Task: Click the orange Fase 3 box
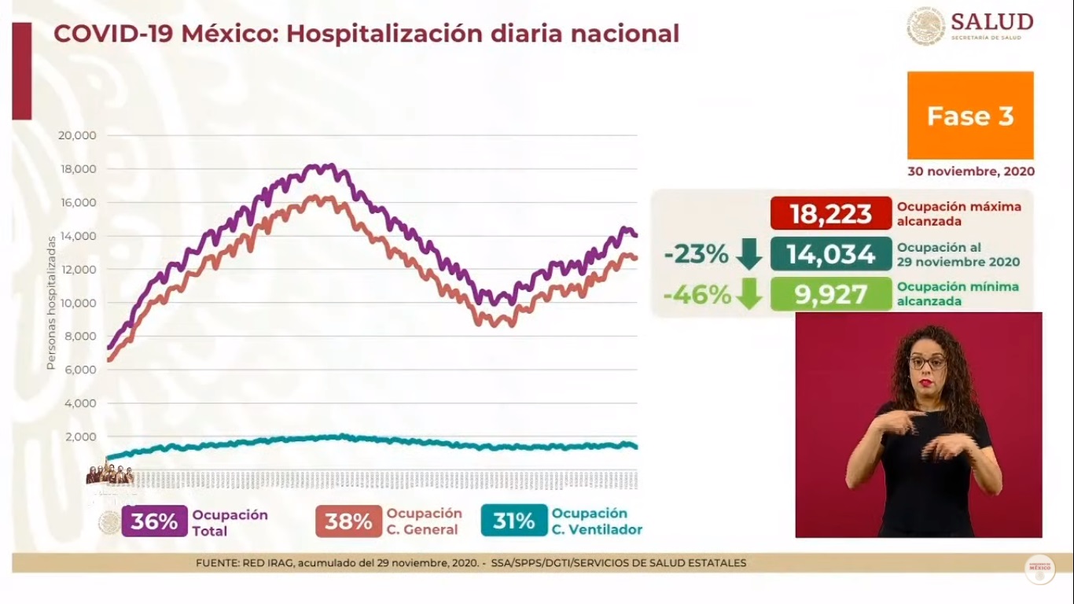(x=970, y=116)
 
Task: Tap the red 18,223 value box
(x=831, y=213)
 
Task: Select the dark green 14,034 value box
(x=831, y=254)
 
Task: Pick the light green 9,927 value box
(x=831, y=294)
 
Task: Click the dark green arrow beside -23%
(x=749, y=254)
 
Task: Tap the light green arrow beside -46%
(x=749, y=295)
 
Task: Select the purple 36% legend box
(x=154, y=521)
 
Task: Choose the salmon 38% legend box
(x=348, y=521)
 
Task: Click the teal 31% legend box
(x=514, y=521)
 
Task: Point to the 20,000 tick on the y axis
(x=77, y=135)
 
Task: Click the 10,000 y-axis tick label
(x=77, y=303)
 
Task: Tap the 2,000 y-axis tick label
(x=80, y=436)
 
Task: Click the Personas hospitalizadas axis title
(x=51, y=302)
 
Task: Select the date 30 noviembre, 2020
(x=970, y=171)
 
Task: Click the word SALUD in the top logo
(x=991, y=21)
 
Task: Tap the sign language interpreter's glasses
(x=927, y=363)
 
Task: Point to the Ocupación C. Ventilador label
(x=596, y=521)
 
